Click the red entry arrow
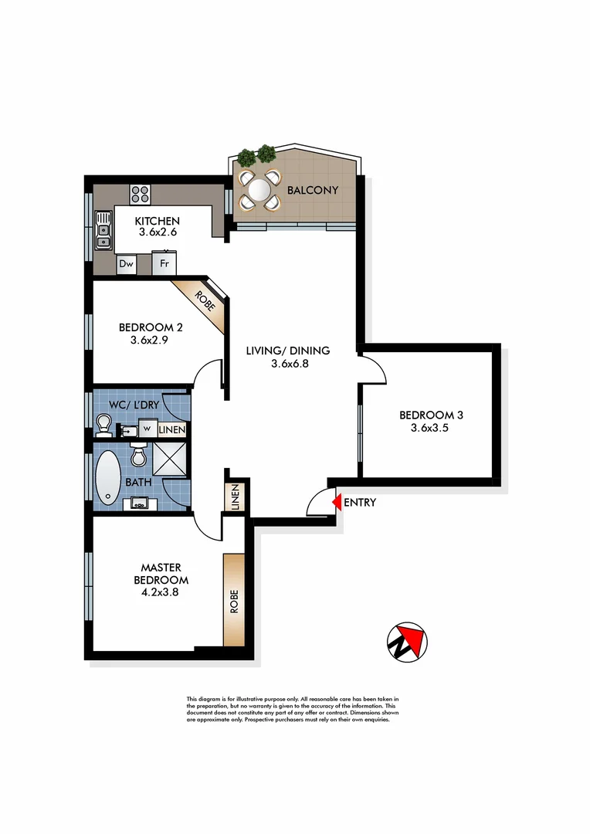[336, 503]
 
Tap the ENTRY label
[360, 503]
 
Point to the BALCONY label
[312, 190]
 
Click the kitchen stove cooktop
[140, 195]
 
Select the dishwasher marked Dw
[127, 264]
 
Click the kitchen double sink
[103, 231]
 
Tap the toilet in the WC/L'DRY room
[103, 422]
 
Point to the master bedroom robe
[232, 599]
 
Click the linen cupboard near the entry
[235, 497]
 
